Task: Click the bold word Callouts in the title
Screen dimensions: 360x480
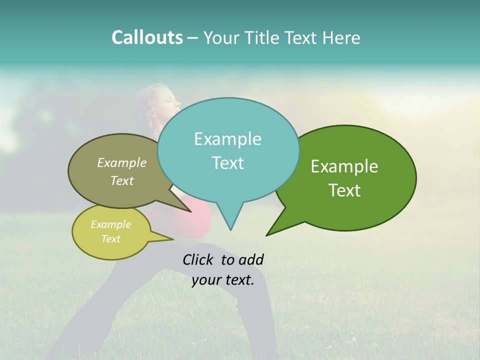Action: point(147,37)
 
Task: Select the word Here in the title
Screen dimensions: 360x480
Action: point(341,37)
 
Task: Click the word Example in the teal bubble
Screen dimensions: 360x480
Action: point(227,139)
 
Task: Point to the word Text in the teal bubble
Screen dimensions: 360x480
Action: point(227,163)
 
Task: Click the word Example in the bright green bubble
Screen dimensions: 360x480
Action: point(344,166)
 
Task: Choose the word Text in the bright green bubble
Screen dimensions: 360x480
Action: point(344,190)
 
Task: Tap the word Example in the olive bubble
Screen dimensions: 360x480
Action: point(122,162)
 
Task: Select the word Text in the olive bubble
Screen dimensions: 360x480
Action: point(122,180)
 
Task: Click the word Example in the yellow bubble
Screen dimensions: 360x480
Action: point(111,224)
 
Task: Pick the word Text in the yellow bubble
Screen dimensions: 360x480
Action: point(111,239)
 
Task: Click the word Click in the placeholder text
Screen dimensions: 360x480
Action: point(199,259)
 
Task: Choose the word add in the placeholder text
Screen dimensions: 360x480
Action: point(251,259)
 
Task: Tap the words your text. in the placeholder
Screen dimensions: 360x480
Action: point(223,280)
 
